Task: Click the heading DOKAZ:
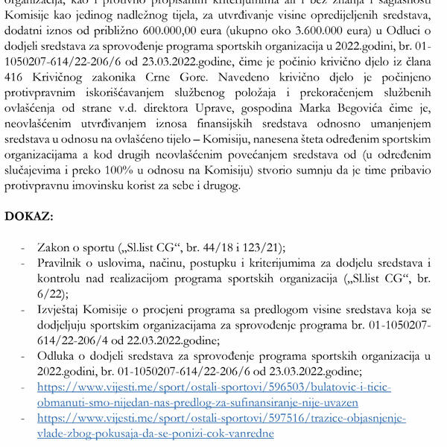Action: (x=29, y=217)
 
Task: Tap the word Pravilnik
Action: (x=65, y=264)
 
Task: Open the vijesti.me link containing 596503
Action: (x=214, y=387)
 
